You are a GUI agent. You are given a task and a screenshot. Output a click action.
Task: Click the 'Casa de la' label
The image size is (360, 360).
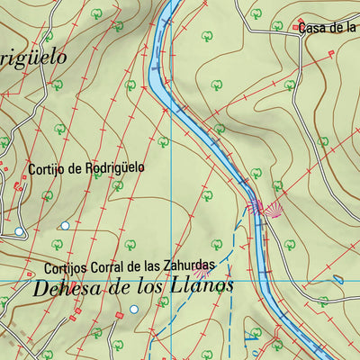(329, 28)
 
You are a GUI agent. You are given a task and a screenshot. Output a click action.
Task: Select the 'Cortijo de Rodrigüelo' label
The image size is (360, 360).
(86, 167)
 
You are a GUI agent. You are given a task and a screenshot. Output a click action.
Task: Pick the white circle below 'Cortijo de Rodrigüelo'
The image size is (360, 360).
(65, 225)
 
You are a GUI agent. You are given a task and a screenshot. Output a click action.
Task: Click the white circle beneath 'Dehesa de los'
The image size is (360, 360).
(134, 309)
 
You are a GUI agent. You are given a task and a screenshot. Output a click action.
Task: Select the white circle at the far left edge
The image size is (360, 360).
(18, 231)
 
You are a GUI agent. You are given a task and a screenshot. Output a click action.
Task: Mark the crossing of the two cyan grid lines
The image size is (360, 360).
(171, 283)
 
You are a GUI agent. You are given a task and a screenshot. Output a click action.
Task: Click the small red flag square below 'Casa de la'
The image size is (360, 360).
(330, 53)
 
